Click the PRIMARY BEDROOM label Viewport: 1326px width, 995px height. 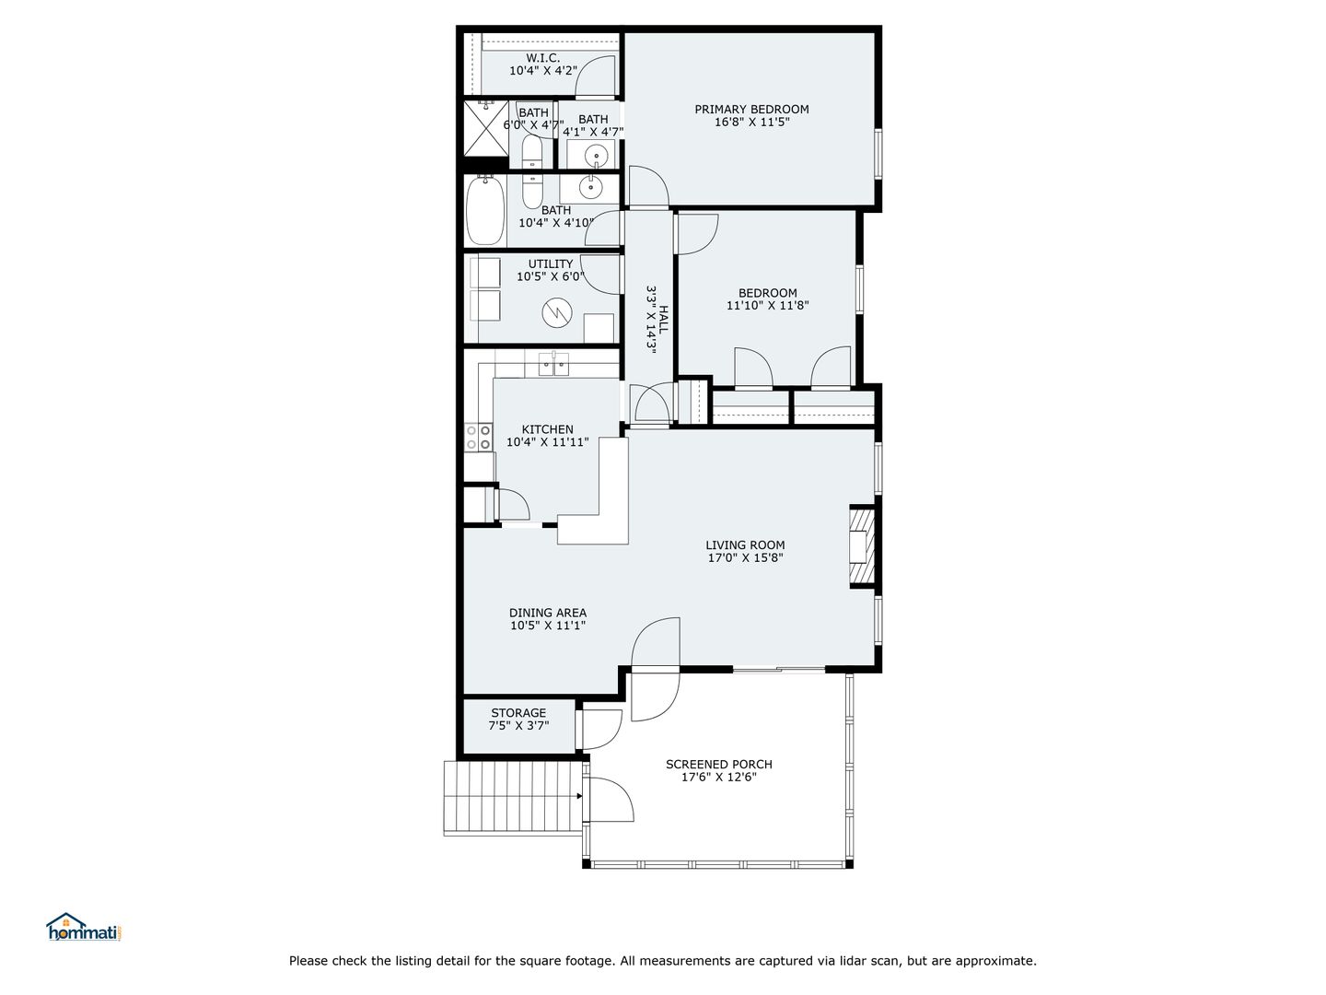751,110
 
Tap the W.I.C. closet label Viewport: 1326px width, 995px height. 542,58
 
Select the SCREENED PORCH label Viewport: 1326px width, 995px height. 719,765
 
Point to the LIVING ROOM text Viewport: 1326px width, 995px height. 745,544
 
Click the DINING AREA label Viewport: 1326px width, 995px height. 547,613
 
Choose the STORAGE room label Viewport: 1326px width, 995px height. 518,713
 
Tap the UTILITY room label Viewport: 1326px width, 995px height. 551,264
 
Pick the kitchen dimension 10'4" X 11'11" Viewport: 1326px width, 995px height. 547,442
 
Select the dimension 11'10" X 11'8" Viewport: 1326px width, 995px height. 767,306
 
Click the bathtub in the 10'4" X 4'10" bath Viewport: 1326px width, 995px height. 485,210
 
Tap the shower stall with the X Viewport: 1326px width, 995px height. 486,129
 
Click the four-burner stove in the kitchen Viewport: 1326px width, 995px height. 478,437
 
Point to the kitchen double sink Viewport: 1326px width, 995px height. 554,364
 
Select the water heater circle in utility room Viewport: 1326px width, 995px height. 557,313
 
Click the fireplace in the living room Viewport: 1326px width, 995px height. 862,545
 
